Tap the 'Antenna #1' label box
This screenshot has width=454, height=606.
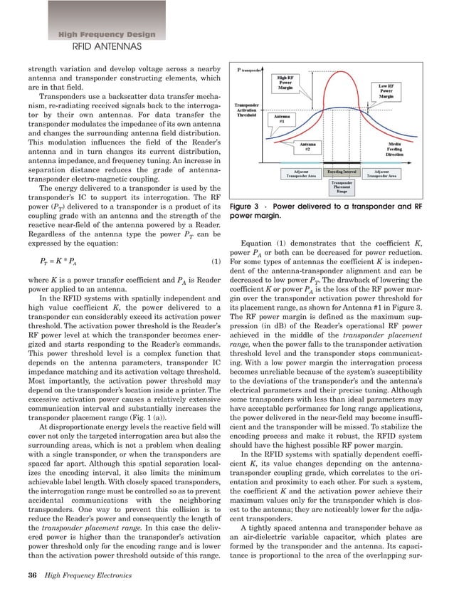[281, 120]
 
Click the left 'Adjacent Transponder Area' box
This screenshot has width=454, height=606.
[293, 173]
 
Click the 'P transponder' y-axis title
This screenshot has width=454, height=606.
[250, 70]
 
